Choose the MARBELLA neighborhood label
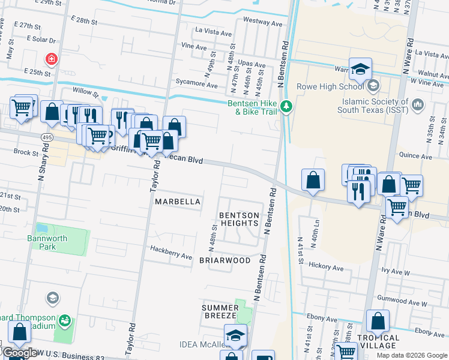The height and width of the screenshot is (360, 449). coord(177,202)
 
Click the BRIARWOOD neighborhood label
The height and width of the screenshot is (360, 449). coord(224,260)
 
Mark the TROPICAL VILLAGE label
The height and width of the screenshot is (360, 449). coord(378,341)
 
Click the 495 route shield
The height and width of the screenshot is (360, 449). coord(46,137)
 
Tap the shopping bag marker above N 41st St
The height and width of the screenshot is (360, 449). coord(313,180)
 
